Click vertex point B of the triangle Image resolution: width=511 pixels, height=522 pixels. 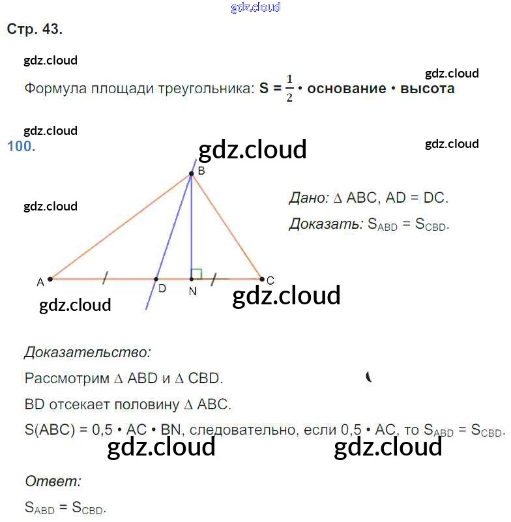(191, 174)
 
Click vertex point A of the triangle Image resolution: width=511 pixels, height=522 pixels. (50, 279)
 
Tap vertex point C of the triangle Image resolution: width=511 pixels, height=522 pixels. (261, 279)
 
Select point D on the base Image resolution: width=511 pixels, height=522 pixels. (156, 279)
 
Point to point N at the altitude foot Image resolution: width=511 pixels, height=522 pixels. (191, 279)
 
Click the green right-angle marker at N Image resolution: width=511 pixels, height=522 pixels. (197, 273)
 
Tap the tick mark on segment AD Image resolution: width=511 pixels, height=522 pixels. (104, 279)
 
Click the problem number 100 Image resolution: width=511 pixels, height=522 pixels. (20, 146)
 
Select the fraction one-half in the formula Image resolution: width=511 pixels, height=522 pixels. (289, 89)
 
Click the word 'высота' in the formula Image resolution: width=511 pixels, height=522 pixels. (427, 89)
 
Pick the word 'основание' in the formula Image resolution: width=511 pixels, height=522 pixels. (346, 89)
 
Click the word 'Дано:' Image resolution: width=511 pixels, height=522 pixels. (307, 197)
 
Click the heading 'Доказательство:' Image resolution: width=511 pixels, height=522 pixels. (87, 353)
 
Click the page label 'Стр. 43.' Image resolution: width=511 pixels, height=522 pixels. (35, 29)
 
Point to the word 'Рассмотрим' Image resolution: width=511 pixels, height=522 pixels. (64, 378)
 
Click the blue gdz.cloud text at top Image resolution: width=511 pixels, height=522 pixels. (255, 7)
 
